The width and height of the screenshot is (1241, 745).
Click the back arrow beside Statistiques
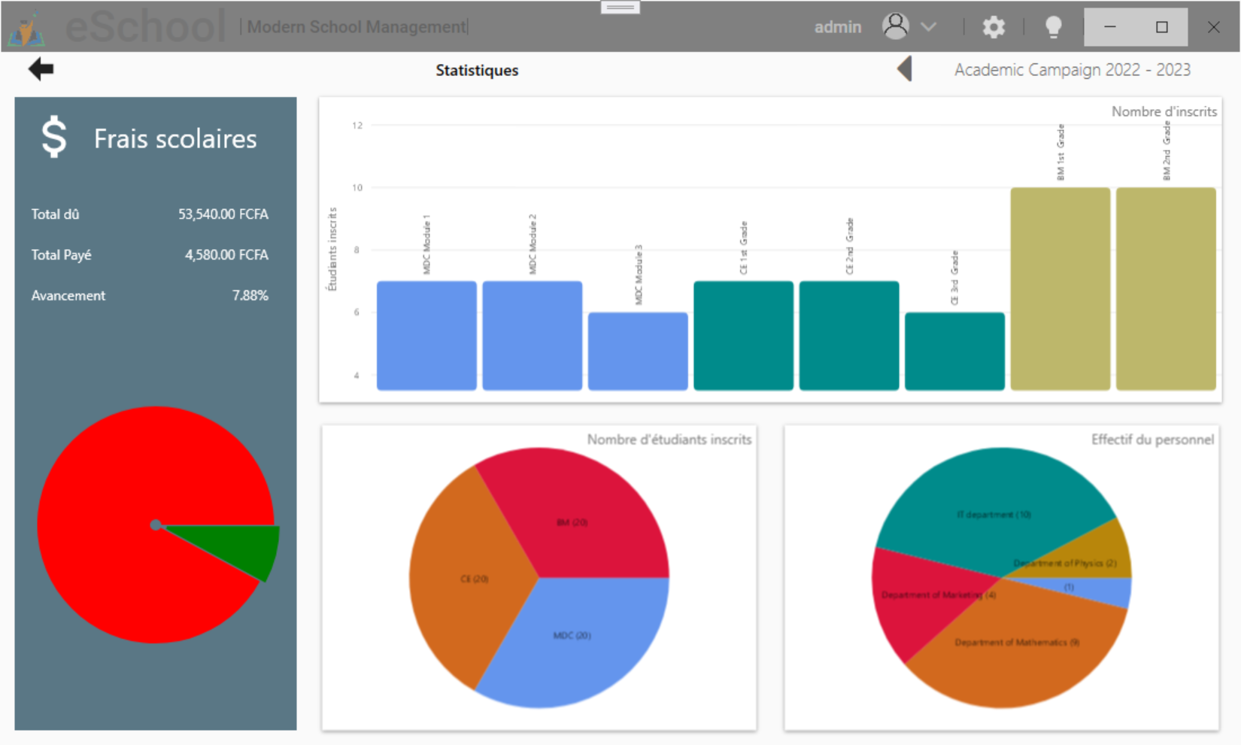(41, 69)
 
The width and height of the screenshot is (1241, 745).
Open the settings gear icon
(994, 27)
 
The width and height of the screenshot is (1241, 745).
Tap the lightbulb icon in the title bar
(1053, 27)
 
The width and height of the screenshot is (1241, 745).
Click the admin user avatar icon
(895, 26)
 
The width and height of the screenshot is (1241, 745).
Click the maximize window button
(1161, 27)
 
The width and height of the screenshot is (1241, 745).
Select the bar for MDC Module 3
(638, 351)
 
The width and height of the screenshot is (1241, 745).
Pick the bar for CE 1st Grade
(743, 336)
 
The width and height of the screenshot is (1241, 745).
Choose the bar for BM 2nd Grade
(1166, 289)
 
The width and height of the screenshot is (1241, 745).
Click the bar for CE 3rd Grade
(954, 351)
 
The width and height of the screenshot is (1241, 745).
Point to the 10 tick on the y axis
(357, 187)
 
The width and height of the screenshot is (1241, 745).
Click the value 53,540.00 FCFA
(223, 214)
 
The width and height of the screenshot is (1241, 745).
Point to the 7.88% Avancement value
(250, 296)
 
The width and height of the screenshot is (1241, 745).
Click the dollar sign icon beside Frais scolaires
(54, 137)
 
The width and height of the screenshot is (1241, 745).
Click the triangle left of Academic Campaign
(905, 69)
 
